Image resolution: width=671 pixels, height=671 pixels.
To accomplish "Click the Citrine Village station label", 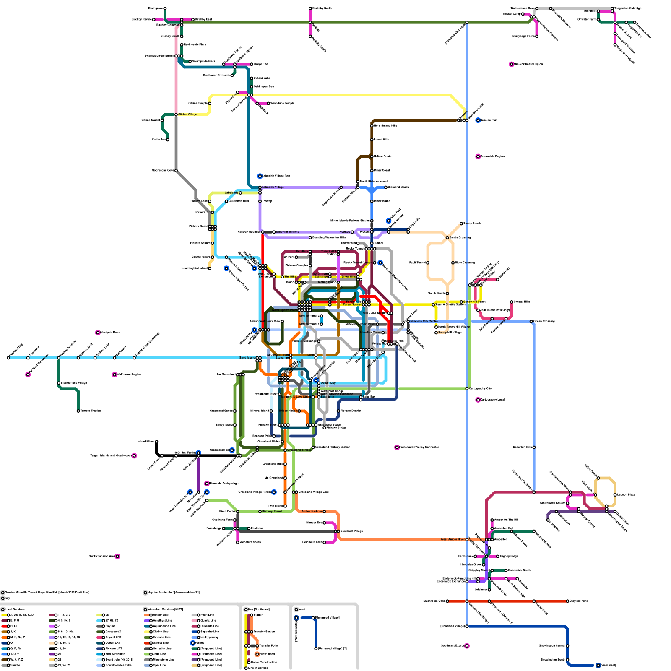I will (x=187, y=114).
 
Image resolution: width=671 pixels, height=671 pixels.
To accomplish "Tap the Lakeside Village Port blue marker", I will (x=260, y=176).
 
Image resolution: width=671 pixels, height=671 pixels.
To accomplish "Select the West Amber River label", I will (x=453, y=539).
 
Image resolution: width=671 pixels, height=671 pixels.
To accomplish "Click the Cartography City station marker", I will (x=467, y=389).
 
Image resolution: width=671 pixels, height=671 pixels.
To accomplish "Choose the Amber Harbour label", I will (x=312, y=512).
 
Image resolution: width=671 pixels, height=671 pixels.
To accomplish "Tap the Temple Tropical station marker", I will (x=78, y=411).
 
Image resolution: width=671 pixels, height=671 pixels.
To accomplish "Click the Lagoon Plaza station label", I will (x=627, y=495).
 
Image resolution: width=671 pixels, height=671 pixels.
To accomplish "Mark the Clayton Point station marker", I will (x=567, y=601).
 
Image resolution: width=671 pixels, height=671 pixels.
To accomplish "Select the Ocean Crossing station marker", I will (x=531, y=322).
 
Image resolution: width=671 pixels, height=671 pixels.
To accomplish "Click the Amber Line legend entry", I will (x=160, y=615).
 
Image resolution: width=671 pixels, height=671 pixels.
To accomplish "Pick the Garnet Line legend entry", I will (x=160, y=643).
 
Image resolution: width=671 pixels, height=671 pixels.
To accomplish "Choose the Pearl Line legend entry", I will (x=208, y=615).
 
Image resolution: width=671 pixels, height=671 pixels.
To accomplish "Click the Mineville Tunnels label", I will (x=288, y=232).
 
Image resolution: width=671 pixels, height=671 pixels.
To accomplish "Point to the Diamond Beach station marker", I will (x=386, y=187).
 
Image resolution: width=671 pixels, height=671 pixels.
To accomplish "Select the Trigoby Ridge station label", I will (x=509, y=557).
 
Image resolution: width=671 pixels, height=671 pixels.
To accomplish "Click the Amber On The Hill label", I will (x=507, y=520).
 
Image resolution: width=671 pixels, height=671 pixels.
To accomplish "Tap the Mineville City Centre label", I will (x=424, y=322).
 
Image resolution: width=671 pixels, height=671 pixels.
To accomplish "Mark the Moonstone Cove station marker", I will (x=176, y=171).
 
